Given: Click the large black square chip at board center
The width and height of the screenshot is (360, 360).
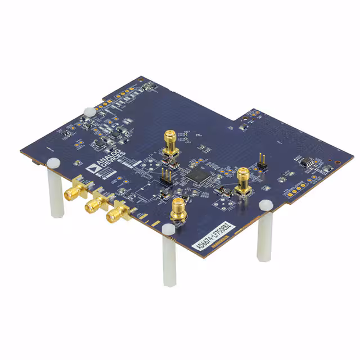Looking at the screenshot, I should click(x=199, y=175).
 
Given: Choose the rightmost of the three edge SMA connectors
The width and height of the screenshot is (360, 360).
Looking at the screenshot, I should click(x=118, y=213).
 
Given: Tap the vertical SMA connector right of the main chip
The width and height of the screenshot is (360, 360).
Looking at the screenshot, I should click(x=244, y=180).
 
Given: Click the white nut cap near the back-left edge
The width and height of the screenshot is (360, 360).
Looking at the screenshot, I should click(x=88, y=110).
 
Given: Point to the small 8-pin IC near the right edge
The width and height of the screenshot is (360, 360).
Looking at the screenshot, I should click(x=308, y=163).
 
